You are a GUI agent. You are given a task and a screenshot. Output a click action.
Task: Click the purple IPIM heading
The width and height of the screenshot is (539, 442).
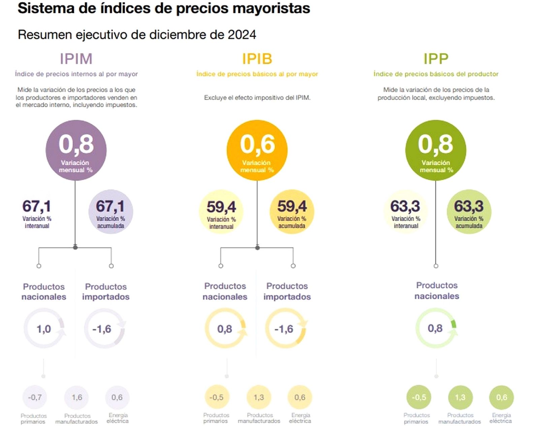click(x=76, y=59)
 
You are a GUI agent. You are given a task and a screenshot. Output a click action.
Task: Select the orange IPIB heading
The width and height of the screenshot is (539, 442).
click(x=257, y=59)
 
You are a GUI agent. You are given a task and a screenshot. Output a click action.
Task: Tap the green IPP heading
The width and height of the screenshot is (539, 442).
click(x=436, y=59)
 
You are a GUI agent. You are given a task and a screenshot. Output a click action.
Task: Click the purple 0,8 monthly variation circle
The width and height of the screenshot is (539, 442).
click(x=76, y=150)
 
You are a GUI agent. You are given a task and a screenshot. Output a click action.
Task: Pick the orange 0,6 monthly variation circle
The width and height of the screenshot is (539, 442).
click(x=257, y=150)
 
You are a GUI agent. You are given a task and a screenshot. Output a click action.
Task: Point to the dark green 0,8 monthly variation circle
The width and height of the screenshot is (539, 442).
click(x=436, y=150)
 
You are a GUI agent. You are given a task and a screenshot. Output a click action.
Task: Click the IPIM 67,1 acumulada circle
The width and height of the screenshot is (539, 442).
click(x=110, y=212)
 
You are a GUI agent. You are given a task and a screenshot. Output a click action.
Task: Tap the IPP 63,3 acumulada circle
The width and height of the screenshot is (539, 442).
click(x=469, y=212)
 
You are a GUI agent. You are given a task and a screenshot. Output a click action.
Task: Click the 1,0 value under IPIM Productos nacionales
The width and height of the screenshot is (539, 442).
click(x=44, y=329)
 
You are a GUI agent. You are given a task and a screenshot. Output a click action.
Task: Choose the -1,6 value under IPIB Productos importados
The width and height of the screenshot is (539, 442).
click(x=284, y=329)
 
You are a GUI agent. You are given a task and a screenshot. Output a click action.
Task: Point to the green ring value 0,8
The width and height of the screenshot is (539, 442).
click(x=435, y=328)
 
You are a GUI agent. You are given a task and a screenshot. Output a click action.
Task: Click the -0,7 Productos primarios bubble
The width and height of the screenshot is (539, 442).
click(x=35, y=398)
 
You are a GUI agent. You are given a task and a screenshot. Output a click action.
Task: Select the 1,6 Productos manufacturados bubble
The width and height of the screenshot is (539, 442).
click(x=77, y=398)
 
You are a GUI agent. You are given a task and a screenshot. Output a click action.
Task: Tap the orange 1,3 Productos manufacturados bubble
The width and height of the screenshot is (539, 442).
click(x=259, y=398)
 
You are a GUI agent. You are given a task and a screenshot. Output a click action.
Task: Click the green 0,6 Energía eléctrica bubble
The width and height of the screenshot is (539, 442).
click(x=501, y=398)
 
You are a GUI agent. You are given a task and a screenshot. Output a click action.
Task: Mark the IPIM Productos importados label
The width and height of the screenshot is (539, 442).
click(x=106, y=292)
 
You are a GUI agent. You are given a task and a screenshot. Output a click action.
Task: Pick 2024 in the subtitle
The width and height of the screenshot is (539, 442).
click(x=242, y=35)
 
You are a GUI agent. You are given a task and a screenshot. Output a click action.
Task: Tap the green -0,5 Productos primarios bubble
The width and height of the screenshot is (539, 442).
click(x=419, y=398)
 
